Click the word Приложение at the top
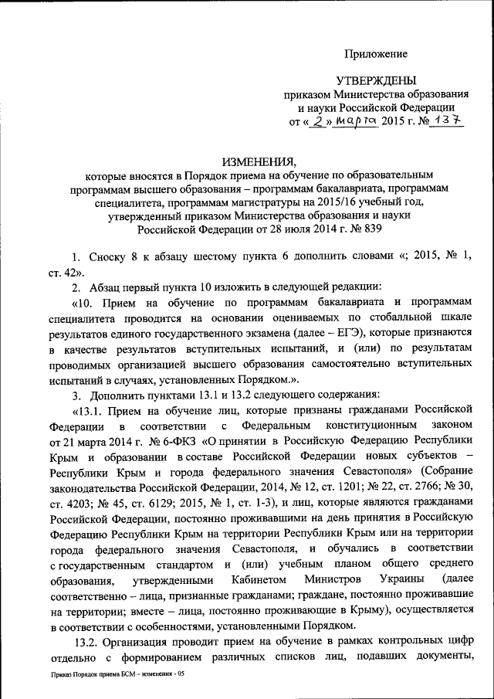[375, 54]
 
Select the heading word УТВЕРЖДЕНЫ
[375, 81]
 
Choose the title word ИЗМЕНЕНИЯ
[259, 161]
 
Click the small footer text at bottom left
[113, 674]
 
